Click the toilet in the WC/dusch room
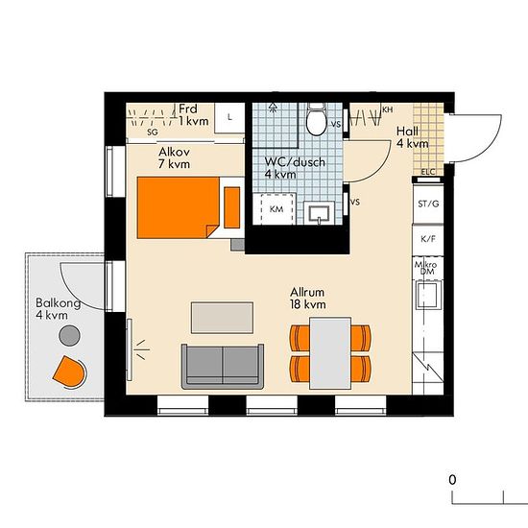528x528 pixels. pos(316,119)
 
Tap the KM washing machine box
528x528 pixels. pos(275,208)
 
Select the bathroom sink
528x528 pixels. pos(319,213)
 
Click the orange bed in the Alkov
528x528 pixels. pos(179,207)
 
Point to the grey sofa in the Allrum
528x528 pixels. pos(223,367)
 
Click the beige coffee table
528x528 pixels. pos(223,318)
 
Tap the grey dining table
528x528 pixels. pos(330,353)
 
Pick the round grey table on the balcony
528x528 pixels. pos(69,335)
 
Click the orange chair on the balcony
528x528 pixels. pos(69,372)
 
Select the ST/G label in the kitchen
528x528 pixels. pos(428,204)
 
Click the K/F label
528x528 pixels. pos(428,239)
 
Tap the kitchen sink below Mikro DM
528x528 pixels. pos(427,296)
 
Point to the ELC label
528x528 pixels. pos(428,172)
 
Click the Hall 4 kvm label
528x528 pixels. pos(412,137)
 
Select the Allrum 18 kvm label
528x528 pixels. pos(308,299)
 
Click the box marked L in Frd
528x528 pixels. pos(229,117)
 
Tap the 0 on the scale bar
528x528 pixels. pos(452,479)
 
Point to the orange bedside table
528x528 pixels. pos(232,207)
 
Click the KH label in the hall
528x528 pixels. pos(388,109)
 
